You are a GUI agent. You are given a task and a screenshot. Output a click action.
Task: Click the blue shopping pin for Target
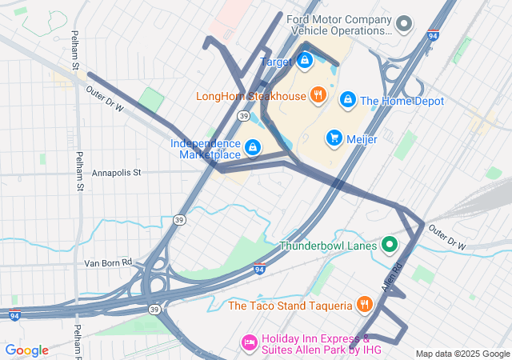tap(305, 60)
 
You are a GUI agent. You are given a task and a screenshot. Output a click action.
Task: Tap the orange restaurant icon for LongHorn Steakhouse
tap(318, 96)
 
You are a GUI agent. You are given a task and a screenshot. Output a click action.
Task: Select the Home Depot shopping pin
tap(348, 100)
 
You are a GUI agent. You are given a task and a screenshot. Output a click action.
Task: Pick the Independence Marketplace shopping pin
tap(253, 148)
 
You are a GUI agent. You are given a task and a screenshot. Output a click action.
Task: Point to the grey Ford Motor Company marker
tap(404, 24)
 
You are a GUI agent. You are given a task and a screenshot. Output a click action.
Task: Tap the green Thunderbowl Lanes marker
tap(390, 245)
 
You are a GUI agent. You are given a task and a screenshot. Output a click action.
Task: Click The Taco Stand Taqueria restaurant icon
tap(364, 305)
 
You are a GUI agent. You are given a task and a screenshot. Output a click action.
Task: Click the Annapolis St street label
tap(116, 172)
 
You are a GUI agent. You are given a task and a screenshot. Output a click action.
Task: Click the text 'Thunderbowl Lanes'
tap(328, 246)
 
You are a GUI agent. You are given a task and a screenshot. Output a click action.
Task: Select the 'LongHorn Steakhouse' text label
tap(251, 97)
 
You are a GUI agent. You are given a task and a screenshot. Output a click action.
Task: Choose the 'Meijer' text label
tap(362, 138)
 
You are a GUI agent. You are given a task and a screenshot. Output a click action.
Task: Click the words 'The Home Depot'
tap(402, 101)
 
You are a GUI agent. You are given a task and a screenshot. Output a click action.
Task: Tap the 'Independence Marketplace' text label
tap(206, 149)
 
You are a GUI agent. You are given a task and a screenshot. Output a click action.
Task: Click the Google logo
tap(26, 350)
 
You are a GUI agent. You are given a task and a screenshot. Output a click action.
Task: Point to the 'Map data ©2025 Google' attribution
tap(462, 354)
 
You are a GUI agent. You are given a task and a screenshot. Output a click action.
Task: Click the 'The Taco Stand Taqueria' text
tap(290, 306)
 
